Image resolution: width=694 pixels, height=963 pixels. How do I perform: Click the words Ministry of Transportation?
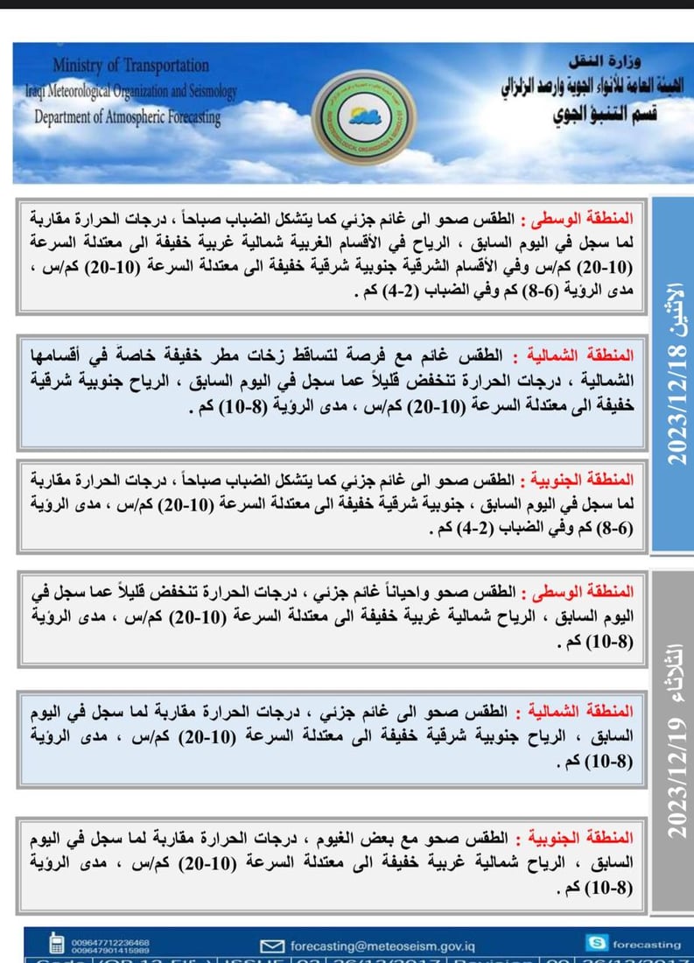click(x=130, y=66)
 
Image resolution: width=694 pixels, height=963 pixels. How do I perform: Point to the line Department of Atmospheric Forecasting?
click(x=127, y=116)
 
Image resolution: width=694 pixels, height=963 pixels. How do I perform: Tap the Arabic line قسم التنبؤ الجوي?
click(x=604, y=116)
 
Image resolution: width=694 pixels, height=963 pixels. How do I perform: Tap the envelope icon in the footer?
click(x=274, y=945)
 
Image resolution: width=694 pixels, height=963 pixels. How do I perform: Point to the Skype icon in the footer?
click(x=598, y=943)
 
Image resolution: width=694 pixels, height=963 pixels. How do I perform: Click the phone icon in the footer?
click(x=57, y=945)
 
